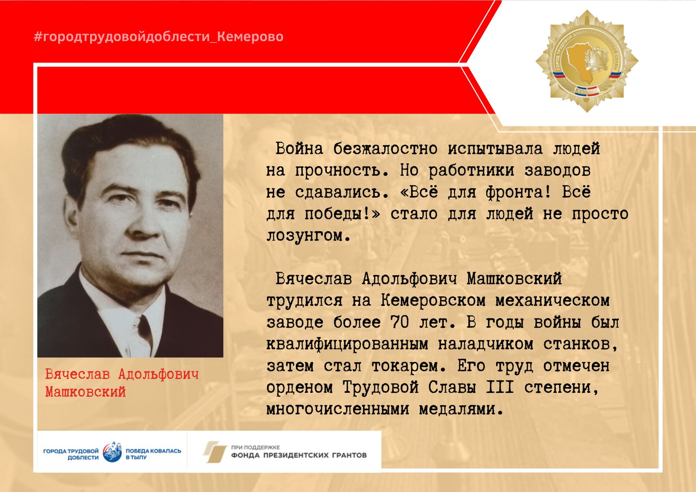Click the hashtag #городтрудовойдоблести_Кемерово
click(158, 37)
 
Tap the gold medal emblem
click(587, 61)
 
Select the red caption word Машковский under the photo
click(85, 392)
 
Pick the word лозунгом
click(308, 236)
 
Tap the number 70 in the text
click(400, 323)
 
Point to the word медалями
click(461, 410)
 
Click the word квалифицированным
click(348, 345)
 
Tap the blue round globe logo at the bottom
click(112, 452)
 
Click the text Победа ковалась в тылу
click(153, 454)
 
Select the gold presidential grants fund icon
click(215, 452)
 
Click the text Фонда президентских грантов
click(299, 455)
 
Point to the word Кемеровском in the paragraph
click(433, 301)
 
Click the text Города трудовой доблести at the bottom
click(71, 454)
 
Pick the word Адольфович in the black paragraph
click(409, 279)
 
